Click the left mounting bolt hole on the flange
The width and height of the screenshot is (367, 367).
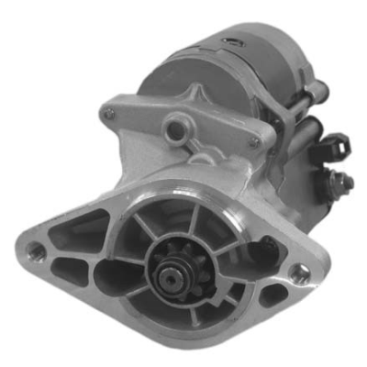point(36,249)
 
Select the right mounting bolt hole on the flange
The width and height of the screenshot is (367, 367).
point(297,272)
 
